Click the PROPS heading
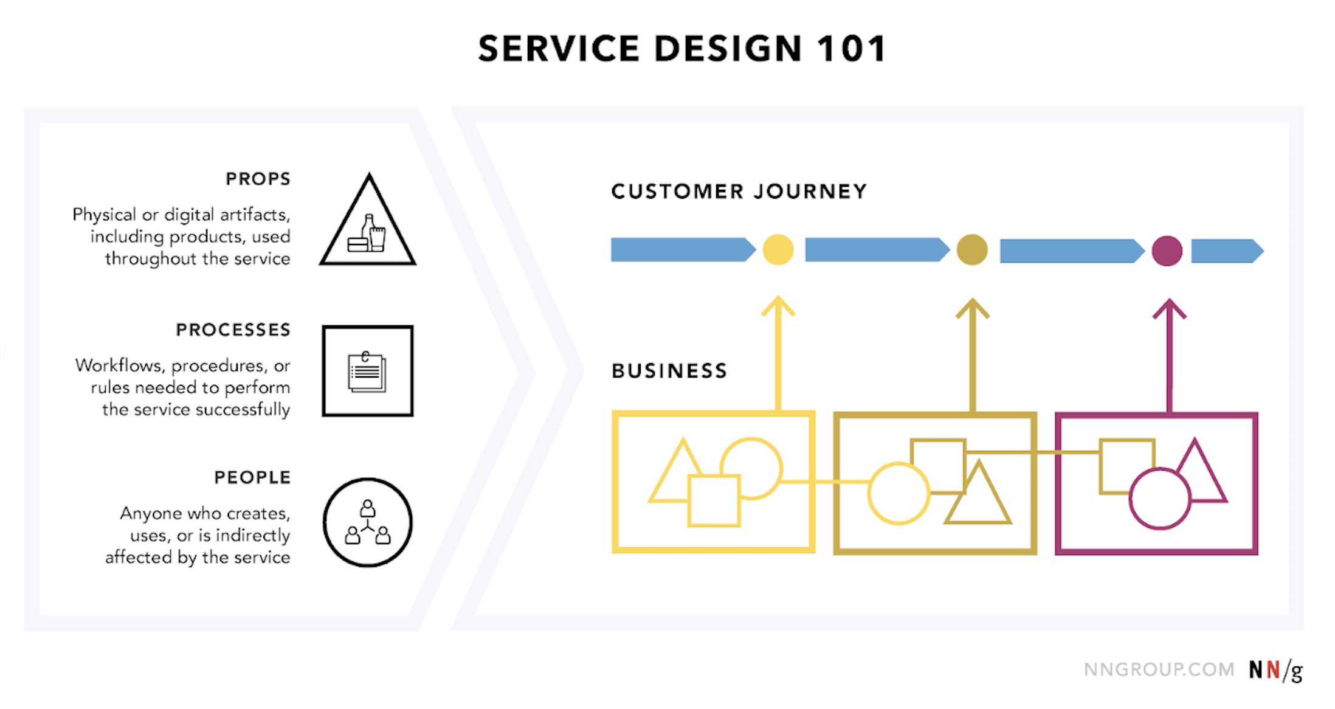258,179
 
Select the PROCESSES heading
233,330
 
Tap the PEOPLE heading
252,477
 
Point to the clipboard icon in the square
367,372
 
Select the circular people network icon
368,522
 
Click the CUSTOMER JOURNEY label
739,192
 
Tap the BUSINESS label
669,370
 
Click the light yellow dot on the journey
778,250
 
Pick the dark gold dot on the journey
971,250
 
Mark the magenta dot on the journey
1167,251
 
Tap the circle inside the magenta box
1159,499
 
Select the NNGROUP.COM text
1159,669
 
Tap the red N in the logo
1273,669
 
